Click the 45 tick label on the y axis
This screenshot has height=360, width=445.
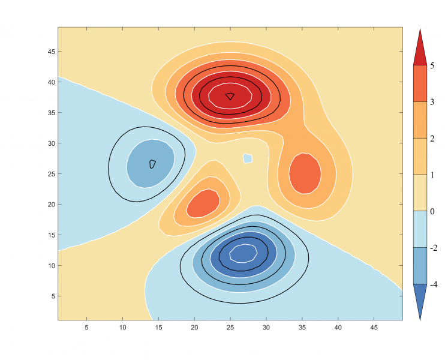[51, 52]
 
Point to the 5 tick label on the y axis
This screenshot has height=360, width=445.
[53, 296]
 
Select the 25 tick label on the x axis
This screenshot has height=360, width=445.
[230, 328]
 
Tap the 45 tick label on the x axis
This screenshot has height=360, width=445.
[373, 328]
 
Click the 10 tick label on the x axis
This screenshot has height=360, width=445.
[122, 328]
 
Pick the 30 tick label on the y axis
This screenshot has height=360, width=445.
[51, 143]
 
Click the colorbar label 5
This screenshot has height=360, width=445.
[432, 66]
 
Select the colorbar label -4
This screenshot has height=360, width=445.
[433, 285]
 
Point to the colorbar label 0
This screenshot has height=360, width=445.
[432, 211]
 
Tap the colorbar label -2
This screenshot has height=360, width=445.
[433, 248]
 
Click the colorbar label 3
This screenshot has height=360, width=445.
[432, 103]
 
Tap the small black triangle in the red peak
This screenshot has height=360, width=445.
[230, 96]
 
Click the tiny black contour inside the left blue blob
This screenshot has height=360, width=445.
[152, 164]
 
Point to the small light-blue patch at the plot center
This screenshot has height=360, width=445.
[248, 158]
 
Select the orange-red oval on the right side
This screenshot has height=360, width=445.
[305, 173]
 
